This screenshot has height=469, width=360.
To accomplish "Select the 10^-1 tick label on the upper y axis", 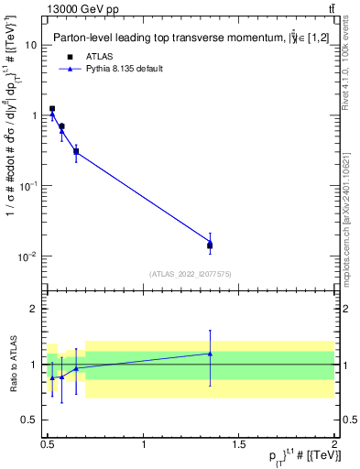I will coord(28,185).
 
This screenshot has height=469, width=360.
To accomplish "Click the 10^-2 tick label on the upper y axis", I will coord(28,256).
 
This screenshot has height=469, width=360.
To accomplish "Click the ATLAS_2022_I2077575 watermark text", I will coord(189,274).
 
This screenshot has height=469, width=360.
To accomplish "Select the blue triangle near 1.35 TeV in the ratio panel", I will coord(210,354).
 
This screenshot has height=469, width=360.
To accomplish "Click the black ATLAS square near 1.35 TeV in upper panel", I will coord(210,245).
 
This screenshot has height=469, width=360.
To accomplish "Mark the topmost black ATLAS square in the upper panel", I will coord(52,108).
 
